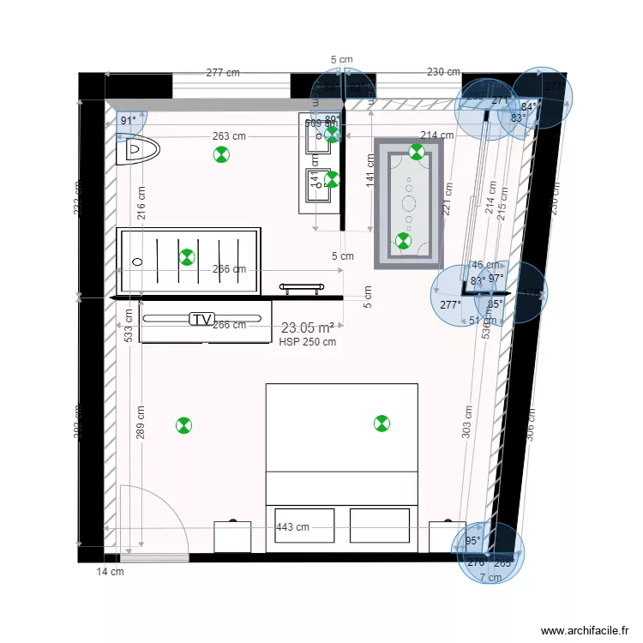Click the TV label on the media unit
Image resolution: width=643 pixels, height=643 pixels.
[x=201, y=319]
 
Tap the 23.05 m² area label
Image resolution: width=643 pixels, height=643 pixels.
[x=307, y=328]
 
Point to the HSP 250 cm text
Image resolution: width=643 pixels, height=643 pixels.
[x=307, y=341]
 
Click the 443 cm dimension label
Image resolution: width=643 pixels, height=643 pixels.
[x=292, y=527]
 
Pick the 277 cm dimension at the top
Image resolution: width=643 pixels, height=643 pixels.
[x=223, y=73]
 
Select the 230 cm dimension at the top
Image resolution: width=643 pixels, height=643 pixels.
[x=443, y=73]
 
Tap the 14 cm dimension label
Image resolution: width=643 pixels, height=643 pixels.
[x=109, y=572]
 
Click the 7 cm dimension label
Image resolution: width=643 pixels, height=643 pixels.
[x=490, y=578]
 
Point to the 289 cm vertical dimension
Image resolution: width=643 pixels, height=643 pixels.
[x=140, y=422]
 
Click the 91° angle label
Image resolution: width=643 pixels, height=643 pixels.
[x=129, y=121]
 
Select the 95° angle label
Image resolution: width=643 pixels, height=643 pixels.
[x=472, y=541]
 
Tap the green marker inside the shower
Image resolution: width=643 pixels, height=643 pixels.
[x=187, y=256]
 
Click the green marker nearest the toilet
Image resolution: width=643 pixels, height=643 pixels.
[x=221, y=154]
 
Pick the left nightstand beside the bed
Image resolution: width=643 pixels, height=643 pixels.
[x=232, y=536]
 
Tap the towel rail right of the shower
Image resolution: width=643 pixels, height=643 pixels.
[x=301, y=287]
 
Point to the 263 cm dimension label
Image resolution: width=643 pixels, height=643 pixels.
[x=230, y=135]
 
